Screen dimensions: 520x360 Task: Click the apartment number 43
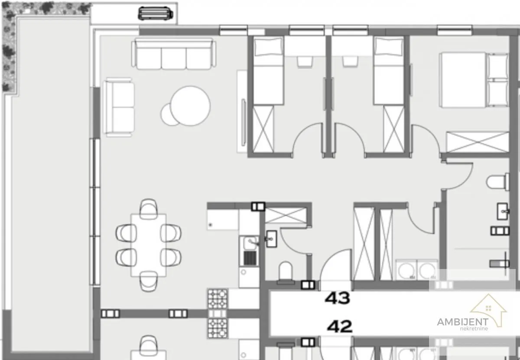click(x=337, y=298)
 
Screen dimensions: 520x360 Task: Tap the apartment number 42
click(x=340, y=326)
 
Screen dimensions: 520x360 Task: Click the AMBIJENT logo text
click(x=463, y=322)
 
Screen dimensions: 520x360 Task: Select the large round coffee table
click(x=190, y=106)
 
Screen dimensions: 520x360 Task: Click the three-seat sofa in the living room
click(x=174, y=54)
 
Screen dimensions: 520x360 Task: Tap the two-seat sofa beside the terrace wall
click(x=119, y=107)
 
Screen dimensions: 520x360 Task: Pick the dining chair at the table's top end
click(x=149, y=209)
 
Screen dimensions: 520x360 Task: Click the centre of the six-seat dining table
click(x=149, y=245)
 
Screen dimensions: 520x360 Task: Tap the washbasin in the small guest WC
click(x=271, y=239)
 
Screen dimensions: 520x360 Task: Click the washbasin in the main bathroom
click(x=503, y=211)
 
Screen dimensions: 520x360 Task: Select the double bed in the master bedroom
click(x=474, y=80)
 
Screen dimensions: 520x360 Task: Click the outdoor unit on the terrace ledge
click(x=155, y=13)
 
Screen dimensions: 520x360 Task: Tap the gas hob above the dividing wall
click(x=218, y=298)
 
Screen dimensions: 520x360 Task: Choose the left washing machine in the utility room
click(x=406, y=270)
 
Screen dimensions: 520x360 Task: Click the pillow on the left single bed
click(x=268, y=47)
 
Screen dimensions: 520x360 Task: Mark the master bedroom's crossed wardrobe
click(x=478, y=142)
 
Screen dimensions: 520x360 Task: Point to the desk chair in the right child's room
click(x=350, y=62)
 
